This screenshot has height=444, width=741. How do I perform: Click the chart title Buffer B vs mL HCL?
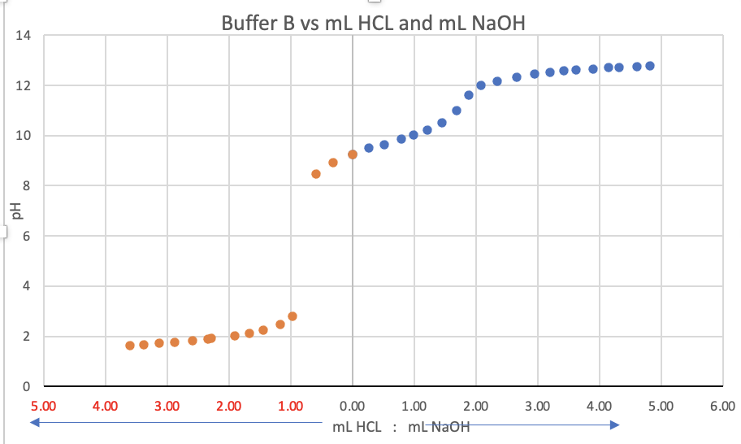(373, 24)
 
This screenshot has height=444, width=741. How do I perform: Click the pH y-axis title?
(15, 211)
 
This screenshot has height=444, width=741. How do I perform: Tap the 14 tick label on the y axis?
(22, 36)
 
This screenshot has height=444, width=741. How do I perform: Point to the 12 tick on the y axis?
(22, 85)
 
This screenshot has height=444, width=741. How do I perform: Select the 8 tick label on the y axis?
(25, 186)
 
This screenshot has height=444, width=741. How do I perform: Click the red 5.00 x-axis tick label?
(43, 405)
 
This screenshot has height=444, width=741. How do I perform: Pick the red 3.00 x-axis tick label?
(167, 405)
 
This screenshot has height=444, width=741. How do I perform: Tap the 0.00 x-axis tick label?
(352, 405)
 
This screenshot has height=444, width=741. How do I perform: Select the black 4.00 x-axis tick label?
(599, 405)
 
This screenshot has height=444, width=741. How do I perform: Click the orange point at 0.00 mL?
(353, 155)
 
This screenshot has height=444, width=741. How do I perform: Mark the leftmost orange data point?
(130, 346)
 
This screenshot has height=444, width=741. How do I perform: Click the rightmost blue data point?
(650, 66)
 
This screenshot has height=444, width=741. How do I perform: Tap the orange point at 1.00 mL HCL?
(292, 316)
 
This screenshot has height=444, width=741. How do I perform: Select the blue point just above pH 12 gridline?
(481, 85)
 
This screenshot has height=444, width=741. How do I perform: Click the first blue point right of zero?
(369, 148)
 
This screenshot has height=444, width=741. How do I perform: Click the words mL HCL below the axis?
(357, 427)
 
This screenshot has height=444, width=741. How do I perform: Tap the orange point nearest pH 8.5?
(316, 174)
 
